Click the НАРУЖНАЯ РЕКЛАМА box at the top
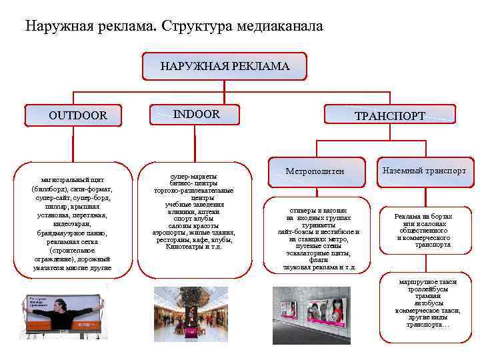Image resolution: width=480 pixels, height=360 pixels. coord(224,67)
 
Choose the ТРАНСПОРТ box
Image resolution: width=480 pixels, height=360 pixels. coord(389,116)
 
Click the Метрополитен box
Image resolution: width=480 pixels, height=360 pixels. coord(315,172)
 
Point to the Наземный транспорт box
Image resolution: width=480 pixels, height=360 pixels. coord(424,171)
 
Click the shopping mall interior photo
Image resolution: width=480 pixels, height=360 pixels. coord(191,314)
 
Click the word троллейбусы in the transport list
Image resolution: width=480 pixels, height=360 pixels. coord(424,289)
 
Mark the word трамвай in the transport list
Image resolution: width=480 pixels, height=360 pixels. coord(424,296)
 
